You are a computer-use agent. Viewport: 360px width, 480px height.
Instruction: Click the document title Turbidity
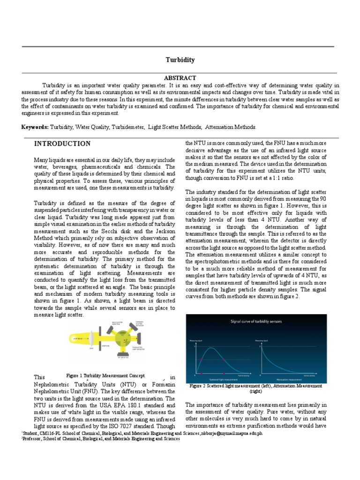click(x=180, y=60)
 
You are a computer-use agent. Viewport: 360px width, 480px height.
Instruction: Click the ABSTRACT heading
click(x=180, y=78)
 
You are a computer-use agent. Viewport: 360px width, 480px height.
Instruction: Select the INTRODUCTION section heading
click(x=62, y=143)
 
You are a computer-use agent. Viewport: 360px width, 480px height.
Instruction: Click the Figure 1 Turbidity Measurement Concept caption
click(x=105, y=376)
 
